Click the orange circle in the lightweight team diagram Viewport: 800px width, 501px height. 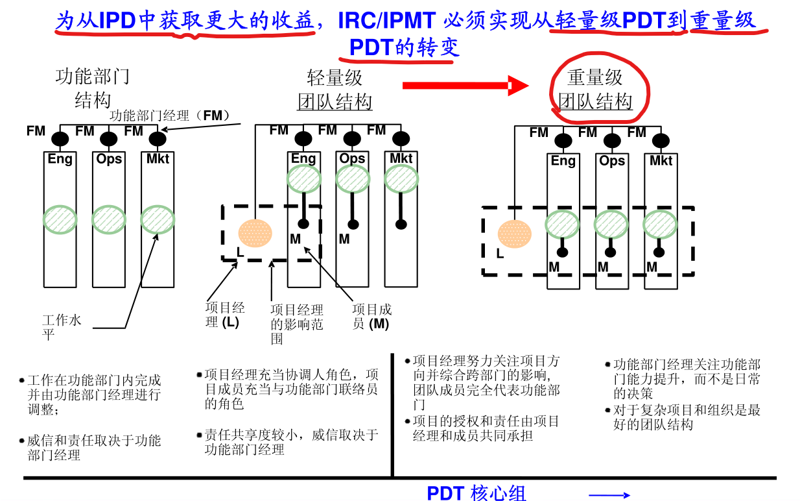click(x=255, y=233)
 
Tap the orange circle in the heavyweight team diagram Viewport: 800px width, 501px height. click(x=515, y=234)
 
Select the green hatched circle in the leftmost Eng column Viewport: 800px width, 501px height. click(x=60, y=219)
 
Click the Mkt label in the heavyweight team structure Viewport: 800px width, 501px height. click(x=661, y=160)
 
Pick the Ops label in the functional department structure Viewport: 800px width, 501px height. click(x=109, y=158)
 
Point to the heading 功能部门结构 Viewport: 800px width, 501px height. click(x=93, y=88)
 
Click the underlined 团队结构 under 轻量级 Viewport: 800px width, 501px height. click(x=335, y=103)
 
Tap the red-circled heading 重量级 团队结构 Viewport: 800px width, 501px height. click(x=595, y=90)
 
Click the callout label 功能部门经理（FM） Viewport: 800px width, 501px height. click(x=171, y=116)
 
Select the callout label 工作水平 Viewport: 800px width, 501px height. click(x=62, y=327)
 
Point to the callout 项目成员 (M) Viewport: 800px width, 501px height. click(x=371, y=317)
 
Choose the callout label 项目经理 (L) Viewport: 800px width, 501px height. click(x=224, y=315)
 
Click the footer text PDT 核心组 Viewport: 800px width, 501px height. click(x=476, y=493)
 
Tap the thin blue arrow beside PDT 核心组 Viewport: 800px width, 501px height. click(x=609, y=495)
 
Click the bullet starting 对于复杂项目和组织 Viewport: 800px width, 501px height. click(x=686, y=417)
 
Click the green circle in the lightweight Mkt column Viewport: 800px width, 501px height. click(x=401, y=178)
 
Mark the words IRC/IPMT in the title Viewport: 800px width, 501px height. click(x=387, y=21)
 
